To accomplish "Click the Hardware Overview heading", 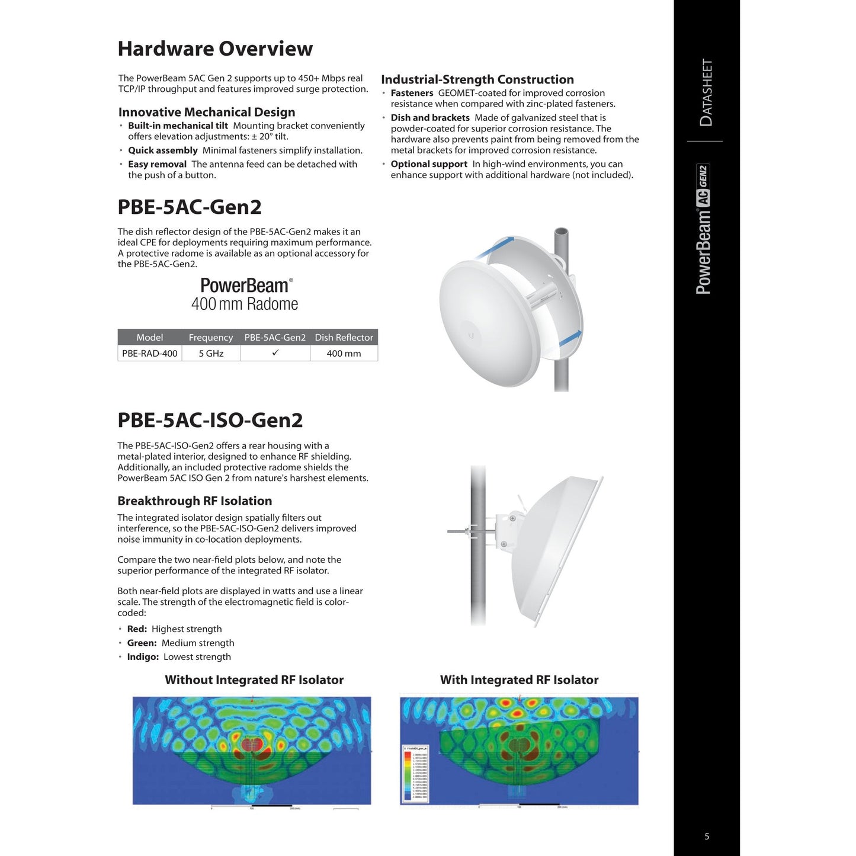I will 215,49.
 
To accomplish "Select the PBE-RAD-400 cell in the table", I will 150,354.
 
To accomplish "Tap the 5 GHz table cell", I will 211,354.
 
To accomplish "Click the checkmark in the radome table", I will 275,353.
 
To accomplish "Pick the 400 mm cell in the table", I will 344,354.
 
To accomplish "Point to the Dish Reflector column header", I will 344,338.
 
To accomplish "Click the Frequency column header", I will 211,338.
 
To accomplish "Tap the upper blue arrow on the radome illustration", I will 495,246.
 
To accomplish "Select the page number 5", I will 707,836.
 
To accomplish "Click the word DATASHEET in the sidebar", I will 706,92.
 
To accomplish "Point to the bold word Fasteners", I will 412,93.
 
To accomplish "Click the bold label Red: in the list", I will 137,629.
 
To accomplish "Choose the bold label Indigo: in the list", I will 143,657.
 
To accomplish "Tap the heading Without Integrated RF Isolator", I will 254,680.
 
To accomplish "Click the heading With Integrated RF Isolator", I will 519,680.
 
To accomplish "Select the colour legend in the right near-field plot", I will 415,774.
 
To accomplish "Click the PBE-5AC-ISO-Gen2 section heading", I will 210,420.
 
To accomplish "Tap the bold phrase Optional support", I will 429,164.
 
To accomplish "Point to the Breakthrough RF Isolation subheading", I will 194,501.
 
